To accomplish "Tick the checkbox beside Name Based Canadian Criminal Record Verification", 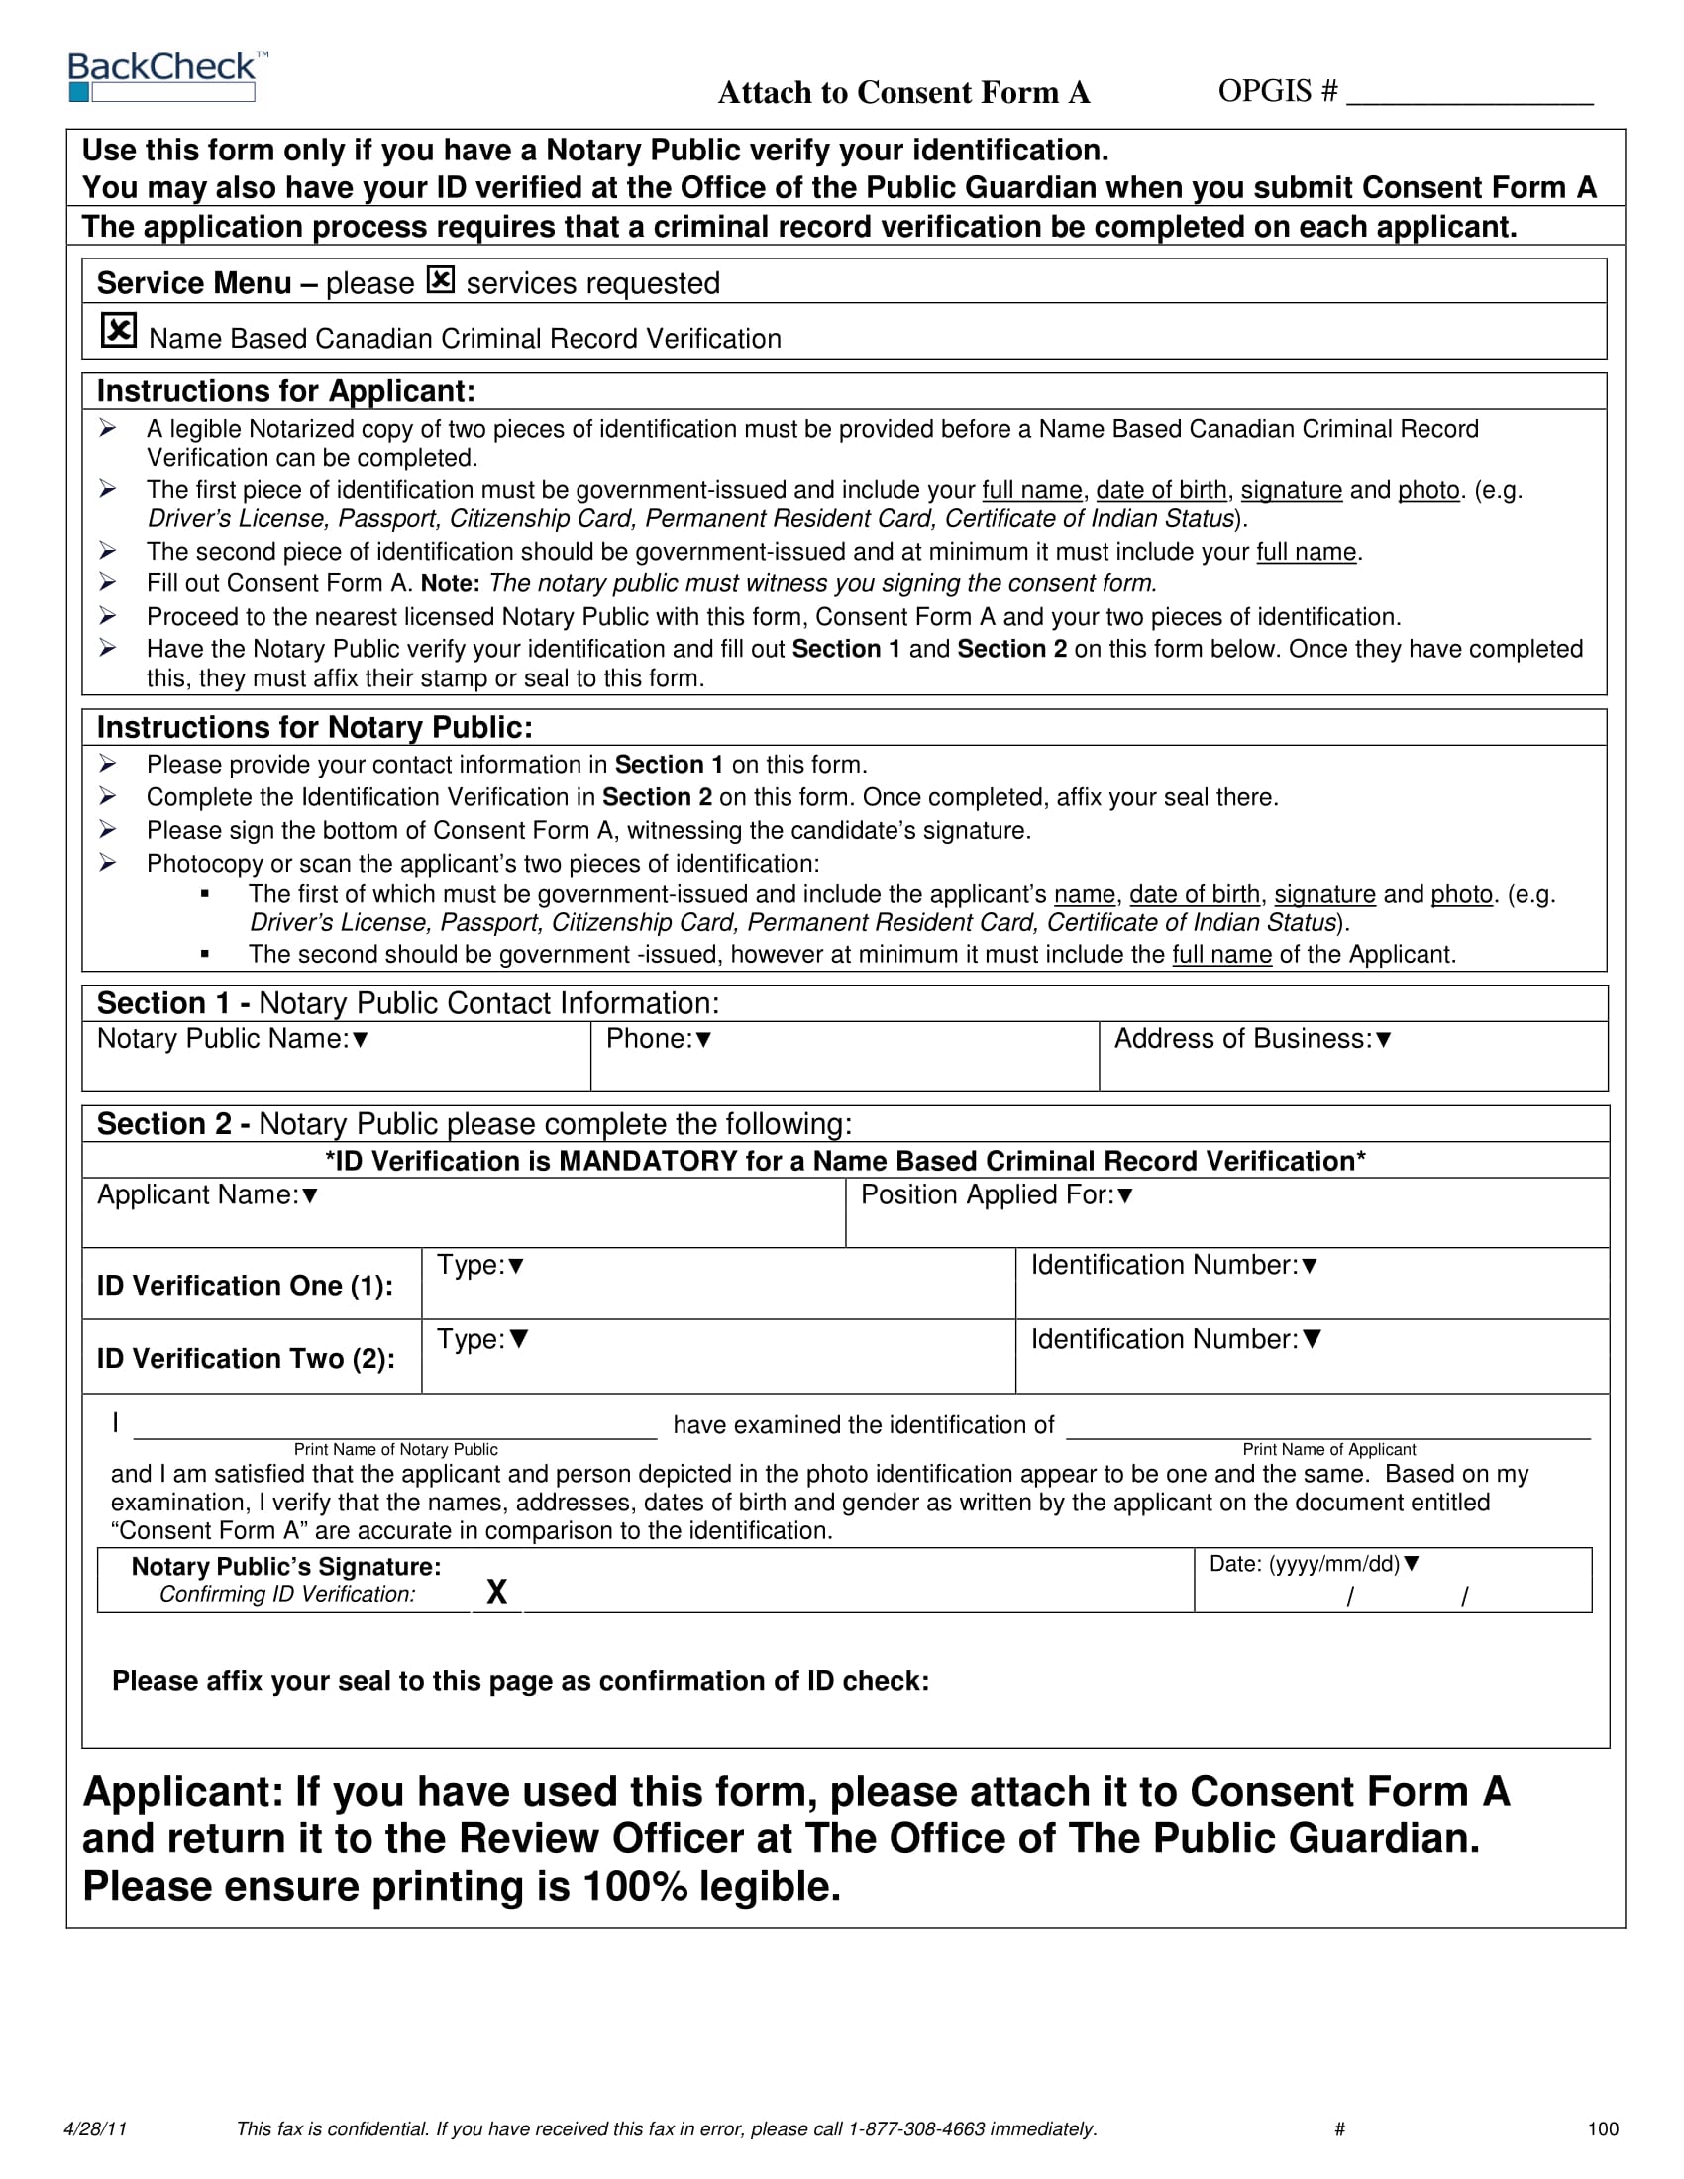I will [x=119, y=330].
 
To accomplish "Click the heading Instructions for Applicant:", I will [x=285, y=391].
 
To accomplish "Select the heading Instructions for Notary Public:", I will [x=314, y=727].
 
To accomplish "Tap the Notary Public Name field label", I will [x=232, y=1039].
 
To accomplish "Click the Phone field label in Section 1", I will [x=658, y=1039].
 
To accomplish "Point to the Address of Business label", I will [x=1251, y=1039].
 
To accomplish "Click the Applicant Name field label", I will [x=206, y=1194].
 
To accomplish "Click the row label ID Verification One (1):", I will [x=245, y=1285].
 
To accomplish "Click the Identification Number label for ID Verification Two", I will [x=1175, y=1339].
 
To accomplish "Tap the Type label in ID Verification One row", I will [x=479, y=1265].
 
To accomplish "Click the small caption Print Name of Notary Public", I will [x=395, y=1450].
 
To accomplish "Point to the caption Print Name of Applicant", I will [x=1328, y=1450].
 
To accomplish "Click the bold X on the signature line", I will [x=496, y=1592].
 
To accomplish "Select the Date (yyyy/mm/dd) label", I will [x=1313, y=1563].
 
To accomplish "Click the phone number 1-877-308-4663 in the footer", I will [x=916, y=2129].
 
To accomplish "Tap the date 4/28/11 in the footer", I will [x=95, y=2129].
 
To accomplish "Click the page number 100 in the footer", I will [x=1602, y=2129].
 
